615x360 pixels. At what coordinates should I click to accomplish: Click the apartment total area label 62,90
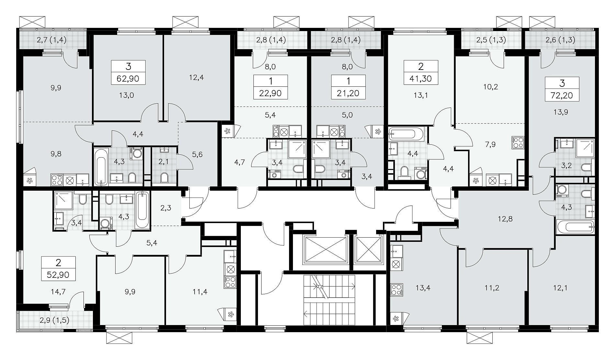(x=129, y=78)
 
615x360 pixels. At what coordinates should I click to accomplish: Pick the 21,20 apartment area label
(x=348, y=94)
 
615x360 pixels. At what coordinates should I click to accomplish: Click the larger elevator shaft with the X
(x=325, y=250)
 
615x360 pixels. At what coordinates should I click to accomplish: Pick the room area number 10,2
(x=491, y=86)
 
